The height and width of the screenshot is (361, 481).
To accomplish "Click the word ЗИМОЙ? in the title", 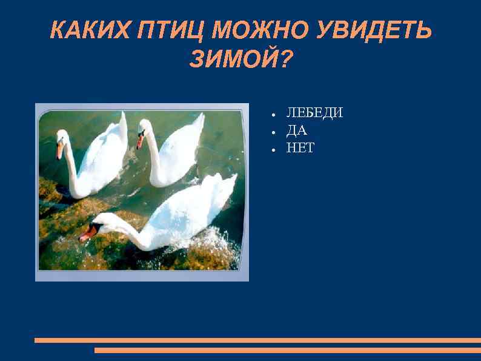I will tap(240, 59).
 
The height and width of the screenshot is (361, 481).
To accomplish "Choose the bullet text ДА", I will tap(297, 130).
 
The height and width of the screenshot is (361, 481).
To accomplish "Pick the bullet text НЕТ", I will tap(300, 147).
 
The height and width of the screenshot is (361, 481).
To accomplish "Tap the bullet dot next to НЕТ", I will tap(274, 149).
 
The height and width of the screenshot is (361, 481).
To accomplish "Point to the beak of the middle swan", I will tap(140, 142).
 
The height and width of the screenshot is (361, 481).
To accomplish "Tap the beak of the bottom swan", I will tap(86, 234).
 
